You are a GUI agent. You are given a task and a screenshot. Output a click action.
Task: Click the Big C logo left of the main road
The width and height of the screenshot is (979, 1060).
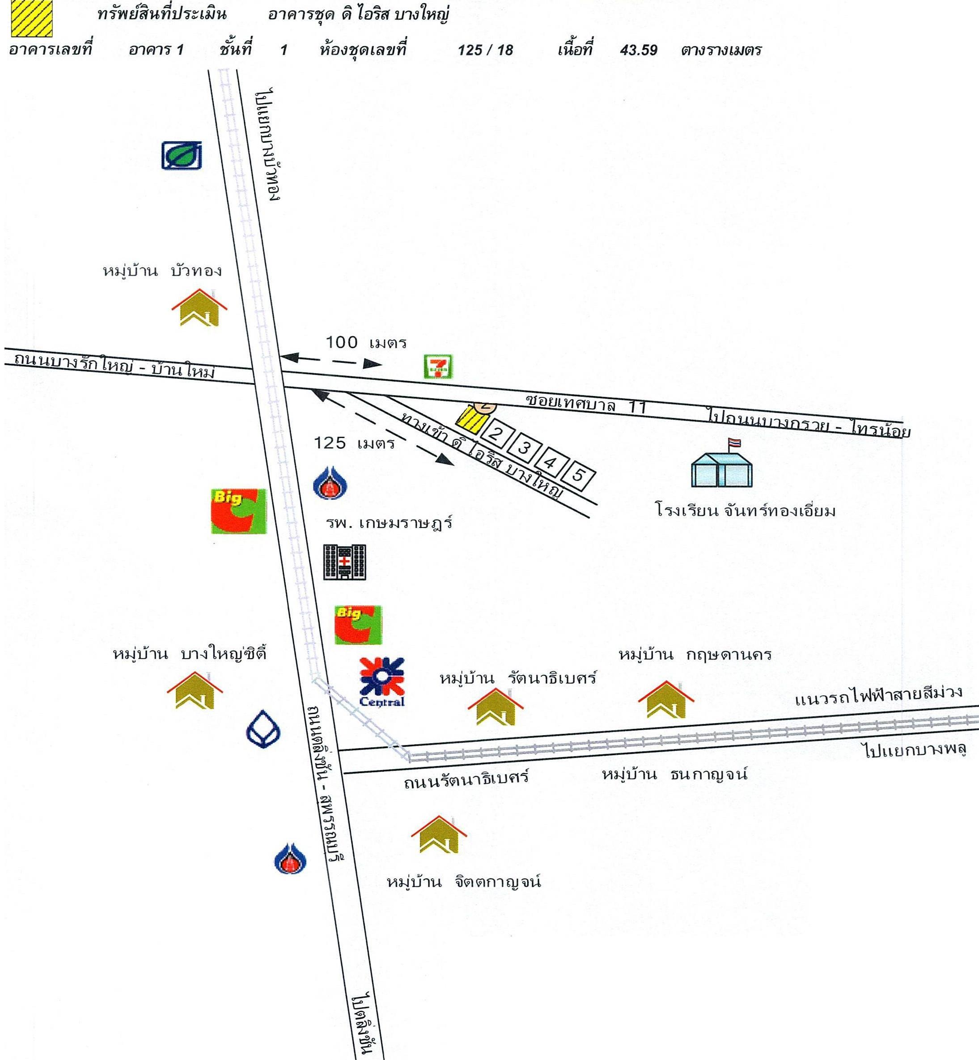point(238,511)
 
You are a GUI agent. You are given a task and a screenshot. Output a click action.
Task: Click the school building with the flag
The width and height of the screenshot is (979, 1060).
point(721,465)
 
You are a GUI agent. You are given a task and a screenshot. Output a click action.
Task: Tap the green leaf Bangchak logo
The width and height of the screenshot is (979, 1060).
point(182,155)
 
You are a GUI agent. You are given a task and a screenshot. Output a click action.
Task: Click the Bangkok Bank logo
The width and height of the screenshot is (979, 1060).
point(263,731)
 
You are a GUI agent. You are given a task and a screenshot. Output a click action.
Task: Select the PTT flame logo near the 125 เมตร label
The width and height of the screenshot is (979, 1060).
point(330,483)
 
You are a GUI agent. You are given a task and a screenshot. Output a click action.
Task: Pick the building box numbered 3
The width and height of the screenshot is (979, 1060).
point(523,448)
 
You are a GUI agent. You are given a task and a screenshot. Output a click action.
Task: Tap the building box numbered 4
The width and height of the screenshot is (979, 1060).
point(550,462)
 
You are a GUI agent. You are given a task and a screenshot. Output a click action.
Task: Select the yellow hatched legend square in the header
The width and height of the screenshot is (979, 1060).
point(32,18)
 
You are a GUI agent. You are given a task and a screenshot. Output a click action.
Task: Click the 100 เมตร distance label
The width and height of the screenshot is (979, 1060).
point(365,343)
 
